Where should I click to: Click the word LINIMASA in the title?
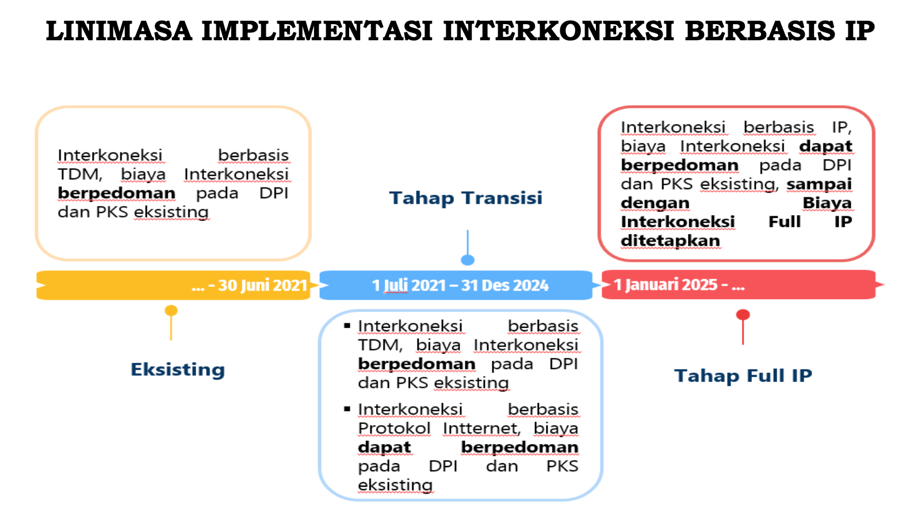pyautogui.click(x=119, y=31)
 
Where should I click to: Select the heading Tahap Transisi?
pyautogui.click(x=466, y=198)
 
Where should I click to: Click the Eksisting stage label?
pyautogui.click(x=178, y=370)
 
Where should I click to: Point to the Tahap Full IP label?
pyautogui.click(x=743, y=376)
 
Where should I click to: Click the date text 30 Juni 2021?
pyautogui.click(x=262, y=285)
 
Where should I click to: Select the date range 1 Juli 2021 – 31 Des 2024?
pyautogui.click(x=460, y=285)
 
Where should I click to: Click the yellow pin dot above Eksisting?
pyautogui.click(x=171, y=311)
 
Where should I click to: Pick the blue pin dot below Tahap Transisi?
pyautogui.click(x=468, y=260)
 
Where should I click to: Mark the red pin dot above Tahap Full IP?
pyautogui.click(x=743, y=315)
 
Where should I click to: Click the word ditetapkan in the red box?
pyautogui.click(x=670, y=241)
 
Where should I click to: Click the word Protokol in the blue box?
pyautogui.click(x=394, y=428)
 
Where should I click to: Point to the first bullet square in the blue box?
pyautogui.click(x=347, y=326)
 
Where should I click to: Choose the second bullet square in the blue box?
pyautogui.click(x=347, y=408)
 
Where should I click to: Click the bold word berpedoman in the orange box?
pyautogui.click(x=117, y=193)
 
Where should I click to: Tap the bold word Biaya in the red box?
pyautogui.click(x=827, y=203)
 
